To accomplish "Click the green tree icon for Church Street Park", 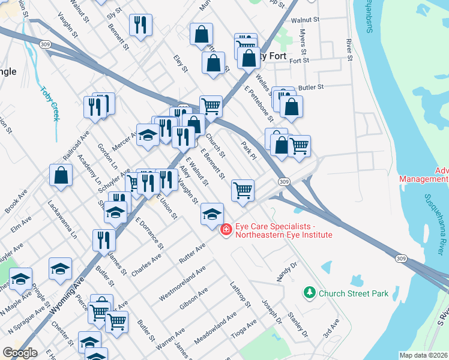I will (310, 293).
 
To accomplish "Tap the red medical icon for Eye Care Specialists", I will (226, 230).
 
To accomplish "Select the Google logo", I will (20, 353).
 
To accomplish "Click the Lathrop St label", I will (240, 294).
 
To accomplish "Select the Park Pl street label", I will (248, 151).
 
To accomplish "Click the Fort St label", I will (298, 61).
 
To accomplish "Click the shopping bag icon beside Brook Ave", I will (61, 176).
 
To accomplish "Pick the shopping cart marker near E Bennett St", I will (243, 191).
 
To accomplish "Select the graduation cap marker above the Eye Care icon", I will (212, 214).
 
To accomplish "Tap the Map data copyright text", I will (424, 355).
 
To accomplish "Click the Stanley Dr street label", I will (297, 325).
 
